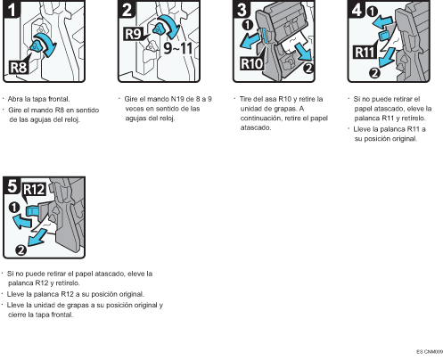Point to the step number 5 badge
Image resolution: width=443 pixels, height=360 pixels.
[12, 188]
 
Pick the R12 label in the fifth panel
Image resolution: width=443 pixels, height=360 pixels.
[34, 189]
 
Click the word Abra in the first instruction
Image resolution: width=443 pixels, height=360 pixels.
[16, 98]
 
